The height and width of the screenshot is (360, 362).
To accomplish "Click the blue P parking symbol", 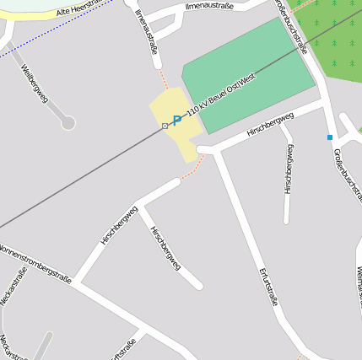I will point(176,121).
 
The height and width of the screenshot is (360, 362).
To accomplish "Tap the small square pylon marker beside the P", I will point(165,126).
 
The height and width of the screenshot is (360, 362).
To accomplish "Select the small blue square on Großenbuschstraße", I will point(330,137).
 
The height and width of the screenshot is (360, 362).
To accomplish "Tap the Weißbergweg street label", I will point(35,83).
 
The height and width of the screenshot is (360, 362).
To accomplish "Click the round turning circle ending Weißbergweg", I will point(68,123).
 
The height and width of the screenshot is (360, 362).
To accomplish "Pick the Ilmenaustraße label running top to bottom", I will point(146,31).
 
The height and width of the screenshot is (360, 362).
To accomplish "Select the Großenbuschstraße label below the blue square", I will point(347,176).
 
